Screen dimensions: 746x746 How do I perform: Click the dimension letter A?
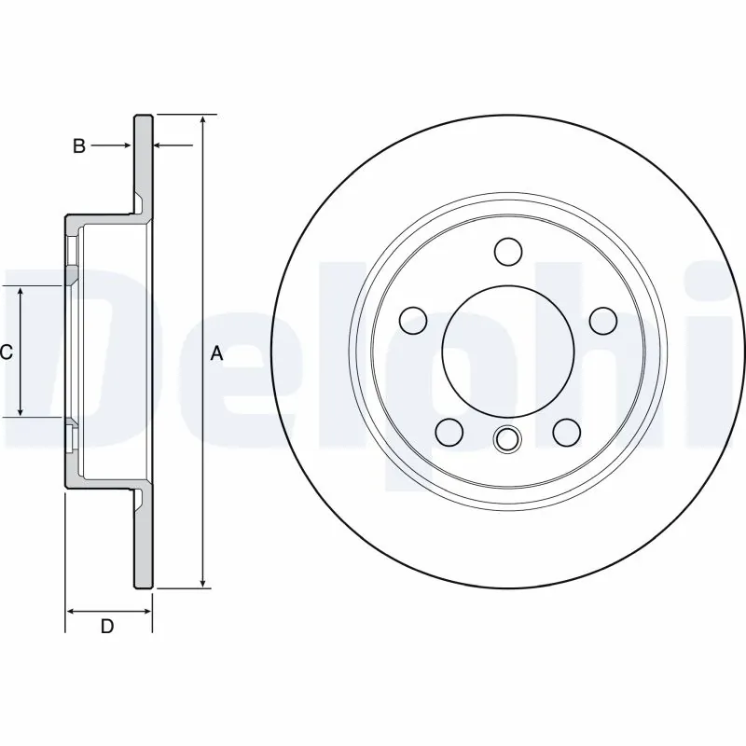216,353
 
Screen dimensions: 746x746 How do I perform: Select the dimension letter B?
79,145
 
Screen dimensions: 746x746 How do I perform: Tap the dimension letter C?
6,352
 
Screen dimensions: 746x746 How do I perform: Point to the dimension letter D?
106,627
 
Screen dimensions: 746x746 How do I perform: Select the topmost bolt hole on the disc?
507,251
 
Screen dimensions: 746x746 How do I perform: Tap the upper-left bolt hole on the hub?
411,321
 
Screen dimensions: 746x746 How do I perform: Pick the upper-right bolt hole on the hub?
604,321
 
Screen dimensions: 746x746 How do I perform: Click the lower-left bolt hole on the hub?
449,432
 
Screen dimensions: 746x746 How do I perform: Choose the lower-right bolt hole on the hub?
566,432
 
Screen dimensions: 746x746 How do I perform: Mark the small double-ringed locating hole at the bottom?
507,438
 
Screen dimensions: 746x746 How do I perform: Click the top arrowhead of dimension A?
202,122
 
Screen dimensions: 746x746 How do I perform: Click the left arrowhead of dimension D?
71,611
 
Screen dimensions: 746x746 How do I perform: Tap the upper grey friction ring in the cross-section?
142,159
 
